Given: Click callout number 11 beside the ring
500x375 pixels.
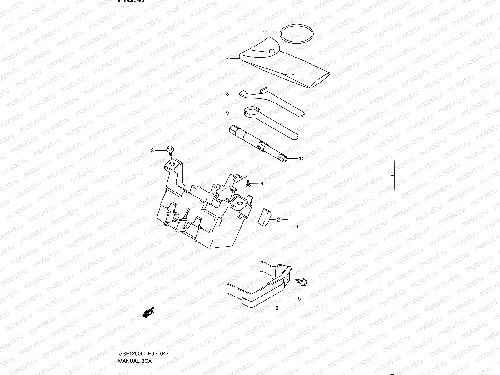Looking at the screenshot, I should click(265, 32).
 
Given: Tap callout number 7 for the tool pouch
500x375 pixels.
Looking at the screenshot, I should click(227, 58).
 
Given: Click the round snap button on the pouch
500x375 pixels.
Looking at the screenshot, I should click(272, 51).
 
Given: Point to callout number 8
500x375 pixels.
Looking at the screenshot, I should click(227, 94).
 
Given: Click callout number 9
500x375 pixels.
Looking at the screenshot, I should click(227, 112).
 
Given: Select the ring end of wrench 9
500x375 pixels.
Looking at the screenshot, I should click(252, 112).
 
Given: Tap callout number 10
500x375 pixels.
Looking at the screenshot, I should click(301, 159).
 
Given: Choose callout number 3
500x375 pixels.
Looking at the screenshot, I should click(152, 151).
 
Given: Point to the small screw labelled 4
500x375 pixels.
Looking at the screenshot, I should click(248, 184).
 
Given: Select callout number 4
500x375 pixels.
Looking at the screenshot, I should click(262, 184).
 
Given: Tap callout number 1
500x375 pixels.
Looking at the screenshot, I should click(297, 227).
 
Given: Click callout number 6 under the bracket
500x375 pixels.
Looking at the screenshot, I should click(277, 308).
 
